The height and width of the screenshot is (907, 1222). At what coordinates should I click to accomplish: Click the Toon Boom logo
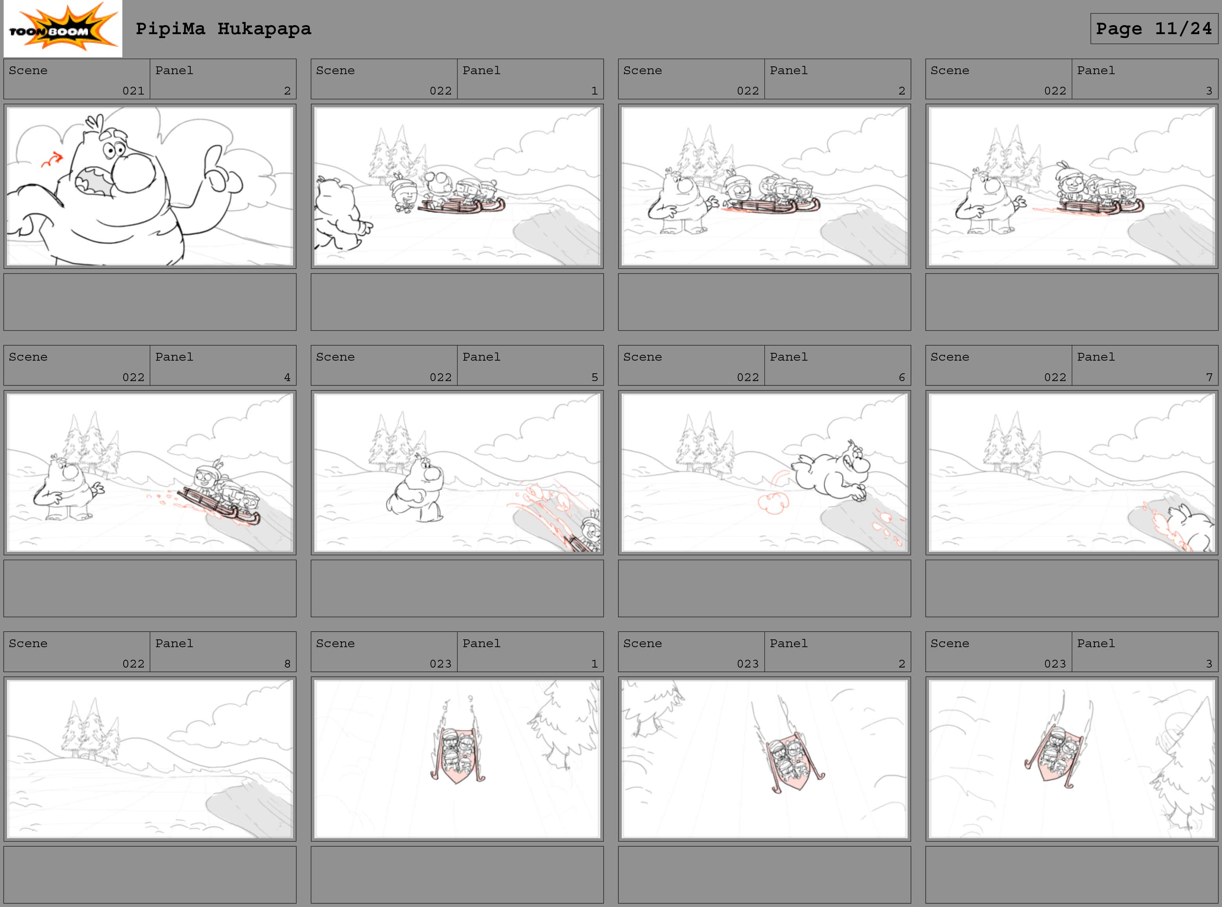click(x=62, y=29)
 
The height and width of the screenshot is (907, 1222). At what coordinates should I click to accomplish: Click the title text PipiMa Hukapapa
click(x=223, y=29)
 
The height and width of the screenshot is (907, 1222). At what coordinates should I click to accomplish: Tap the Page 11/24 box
click(x=1154, y=29)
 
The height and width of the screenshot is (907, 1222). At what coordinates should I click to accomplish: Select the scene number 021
click(x=133, y=91)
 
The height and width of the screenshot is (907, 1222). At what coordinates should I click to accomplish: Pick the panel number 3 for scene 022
click(x=1209, y=91)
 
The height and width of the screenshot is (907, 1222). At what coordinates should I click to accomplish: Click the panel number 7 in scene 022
click(x=1209, y=377)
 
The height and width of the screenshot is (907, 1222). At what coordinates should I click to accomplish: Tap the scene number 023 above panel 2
click(x=748, y=664)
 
